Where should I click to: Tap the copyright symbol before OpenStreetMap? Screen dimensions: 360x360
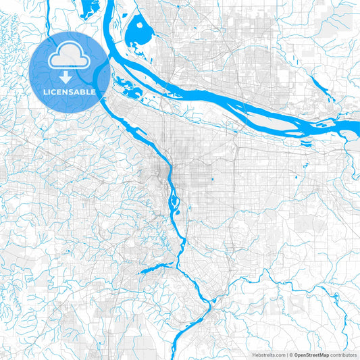[x=290, y=355]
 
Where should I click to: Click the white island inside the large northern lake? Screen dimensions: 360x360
[x=140, y=29]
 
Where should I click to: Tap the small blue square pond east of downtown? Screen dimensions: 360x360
[x=212, y=179]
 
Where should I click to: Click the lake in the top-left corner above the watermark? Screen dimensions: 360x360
[x=88, y=9]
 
